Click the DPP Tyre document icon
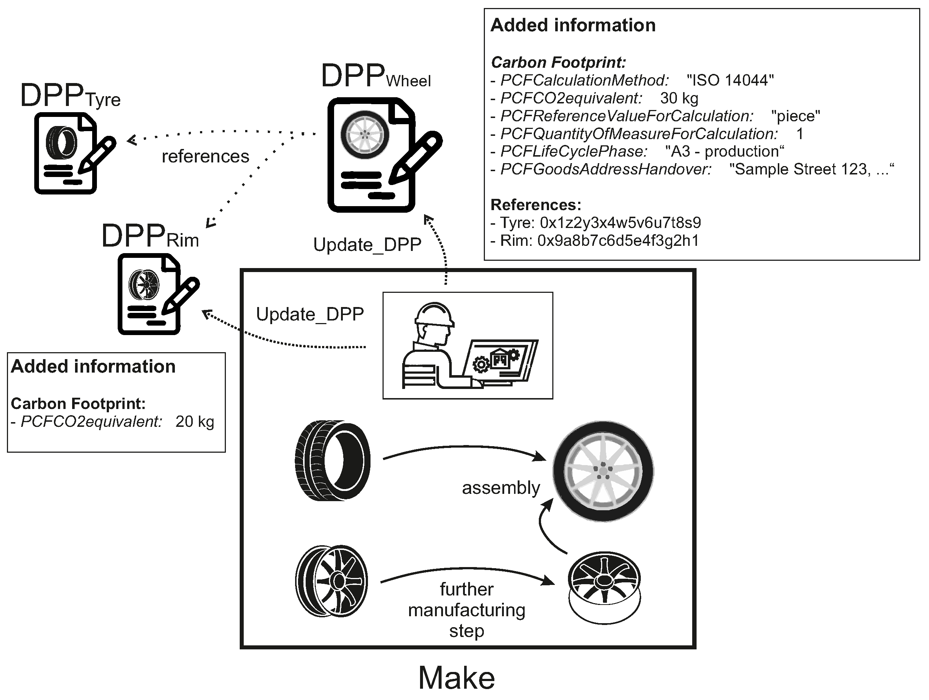[x=67, y=153]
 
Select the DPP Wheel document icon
[x=372, y=156]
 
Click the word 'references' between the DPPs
[x=205, y=157]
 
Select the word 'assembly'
[x=501, y=488]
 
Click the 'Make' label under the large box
[x=456, y=678]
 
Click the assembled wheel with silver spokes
[x=603, y=471]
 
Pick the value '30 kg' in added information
[x=679, y=98]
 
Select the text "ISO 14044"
[x=730, y=80]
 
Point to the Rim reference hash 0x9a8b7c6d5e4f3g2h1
[x=618, y=241]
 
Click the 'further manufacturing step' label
[x=467, y=610]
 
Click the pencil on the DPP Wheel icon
[x=416, y=157]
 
